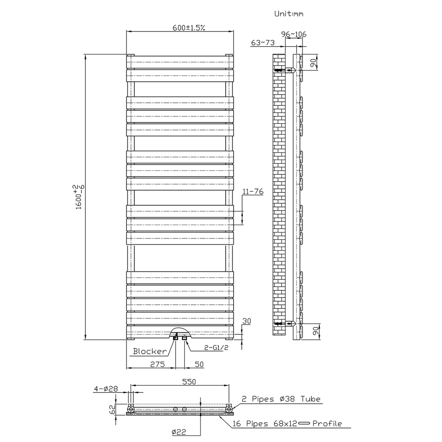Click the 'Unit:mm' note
click(289, 14)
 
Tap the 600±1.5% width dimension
click(189, 27)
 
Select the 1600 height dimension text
click(80, 197)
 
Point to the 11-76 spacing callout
click(253, 191)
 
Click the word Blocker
click(150, 351)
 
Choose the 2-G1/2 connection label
click(216, 348)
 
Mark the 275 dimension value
click(157, 364)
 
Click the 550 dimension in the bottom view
click(189, 382)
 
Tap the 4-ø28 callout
click(106, 389)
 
